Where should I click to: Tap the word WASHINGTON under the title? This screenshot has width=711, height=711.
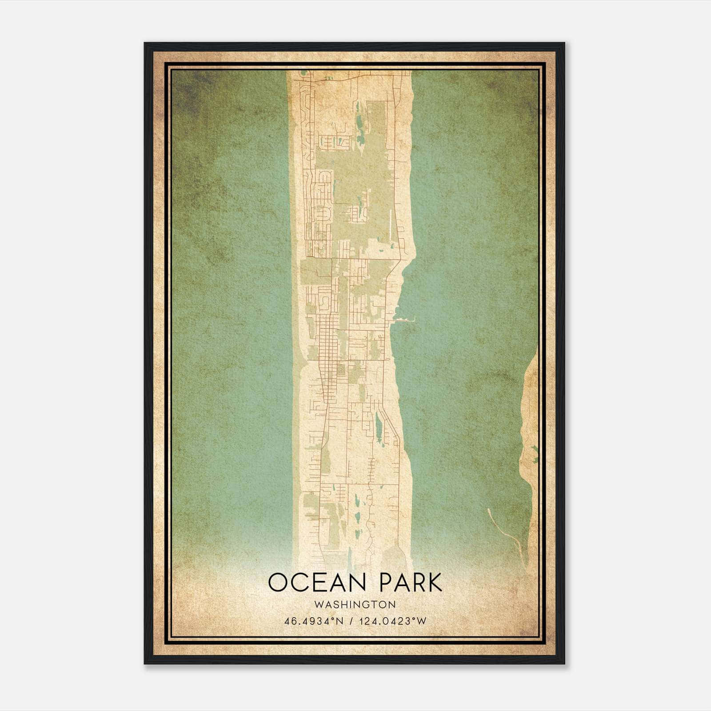[355, 604]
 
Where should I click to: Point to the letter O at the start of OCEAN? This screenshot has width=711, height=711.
[277, 583]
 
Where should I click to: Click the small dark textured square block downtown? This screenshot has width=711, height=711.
[341, 370]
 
